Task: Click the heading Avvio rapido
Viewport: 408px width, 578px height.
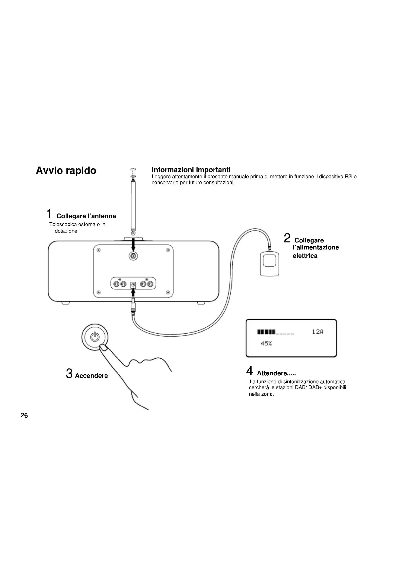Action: [x=66, y=171]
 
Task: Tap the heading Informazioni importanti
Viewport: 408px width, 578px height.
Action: [x=191, y=170]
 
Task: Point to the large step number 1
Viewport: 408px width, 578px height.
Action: [x=50, y=214]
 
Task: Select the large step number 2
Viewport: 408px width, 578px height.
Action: [x=287, y=238]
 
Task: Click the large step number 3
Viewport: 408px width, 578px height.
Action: [x=69, y=373]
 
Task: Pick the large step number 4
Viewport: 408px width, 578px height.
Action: [x=249, y=371]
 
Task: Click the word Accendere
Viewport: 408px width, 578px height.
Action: [x=92, y=376]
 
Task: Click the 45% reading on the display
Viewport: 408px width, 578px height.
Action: [x=266, y=344]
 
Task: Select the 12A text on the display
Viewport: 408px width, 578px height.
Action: [x=317, y=332]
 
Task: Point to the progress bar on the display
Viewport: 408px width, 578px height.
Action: [x=275, y=332]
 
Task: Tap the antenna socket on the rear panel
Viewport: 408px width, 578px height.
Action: [x=133, y=256]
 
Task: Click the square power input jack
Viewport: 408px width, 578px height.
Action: [x=133, y=285]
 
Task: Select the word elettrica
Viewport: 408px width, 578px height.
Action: [x=305, y=256]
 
